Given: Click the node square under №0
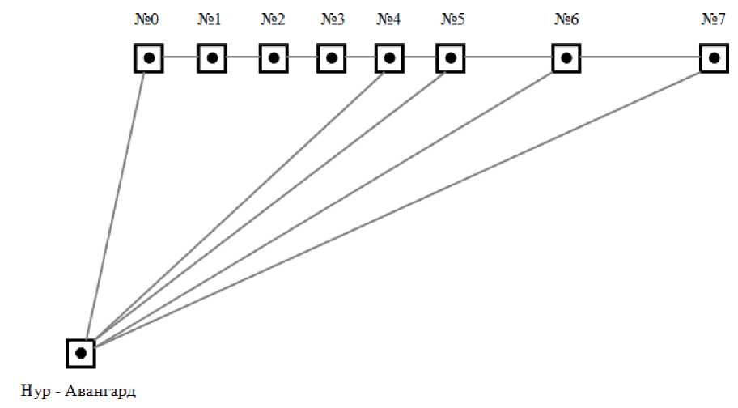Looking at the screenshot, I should pos(149,58).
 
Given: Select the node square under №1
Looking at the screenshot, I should pos(211,58).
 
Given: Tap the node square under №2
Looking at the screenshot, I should pos(274,58).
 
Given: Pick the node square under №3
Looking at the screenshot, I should pos(331,58).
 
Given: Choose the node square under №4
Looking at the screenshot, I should pos(389,58).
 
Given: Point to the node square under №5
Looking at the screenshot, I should pos(451,58).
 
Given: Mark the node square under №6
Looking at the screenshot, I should pos(566,58).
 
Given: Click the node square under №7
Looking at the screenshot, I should pos(713,58).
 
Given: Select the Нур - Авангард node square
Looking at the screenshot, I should pos(80,353).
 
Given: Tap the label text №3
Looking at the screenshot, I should pos(332,19).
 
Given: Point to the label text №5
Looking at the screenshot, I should pos(452,19).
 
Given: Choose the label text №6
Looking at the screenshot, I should pos(566,19).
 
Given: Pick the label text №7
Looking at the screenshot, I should pos(713,19).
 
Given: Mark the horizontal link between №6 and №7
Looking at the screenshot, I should pos(639,58).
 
